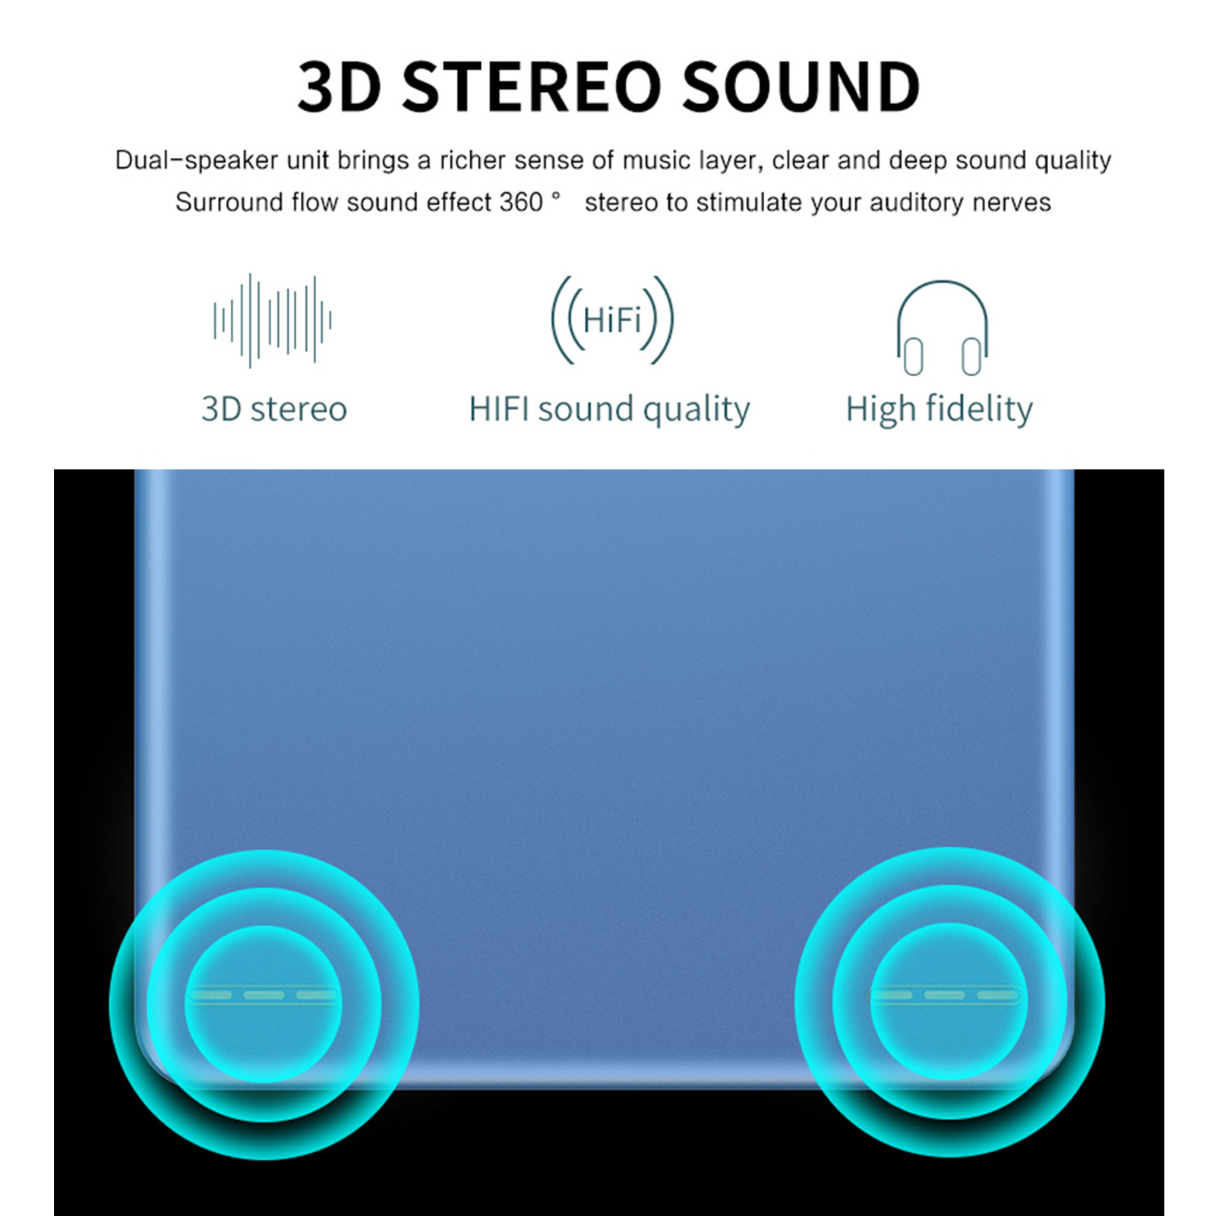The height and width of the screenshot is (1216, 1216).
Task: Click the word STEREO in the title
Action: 532,87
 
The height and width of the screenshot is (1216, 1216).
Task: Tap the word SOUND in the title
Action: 801,87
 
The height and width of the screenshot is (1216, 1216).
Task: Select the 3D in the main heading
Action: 340,87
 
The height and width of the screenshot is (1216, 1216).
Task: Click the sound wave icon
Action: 273,321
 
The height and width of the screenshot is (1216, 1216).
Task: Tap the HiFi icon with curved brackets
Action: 612,320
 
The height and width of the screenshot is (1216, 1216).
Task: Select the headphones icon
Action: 942,327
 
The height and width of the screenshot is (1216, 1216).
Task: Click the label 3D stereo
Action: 274,409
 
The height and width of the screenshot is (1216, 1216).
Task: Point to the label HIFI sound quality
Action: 609,410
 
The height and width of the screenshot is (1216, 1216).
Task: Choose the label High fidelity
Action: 940,409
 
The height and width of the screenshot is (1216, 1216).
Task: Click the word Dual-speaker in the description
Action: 197,161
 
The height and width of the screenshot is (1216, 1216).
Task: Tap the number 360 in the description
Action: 521,202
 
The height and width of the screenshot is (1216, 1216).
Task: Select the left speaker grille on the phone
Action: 263,995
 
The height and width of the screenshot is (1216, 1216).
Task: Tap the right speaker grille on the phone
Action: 943,995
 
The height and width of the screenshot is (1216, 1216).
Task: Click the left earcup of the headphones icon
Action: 914,357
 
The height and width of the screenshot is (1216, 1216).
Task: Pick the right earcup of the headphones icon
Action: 971,357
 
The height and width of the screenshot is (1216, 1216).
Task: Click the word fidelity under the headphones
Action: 979,409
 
